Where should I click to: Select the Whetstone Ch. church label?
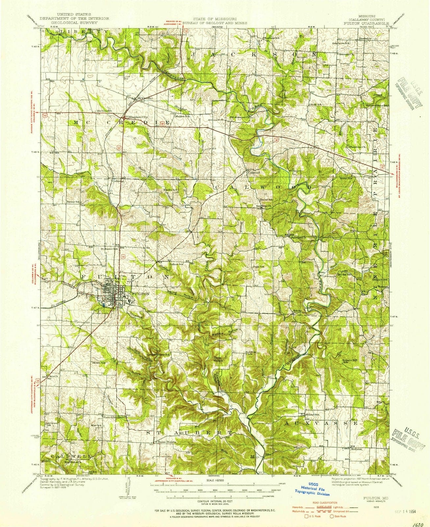358,147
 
